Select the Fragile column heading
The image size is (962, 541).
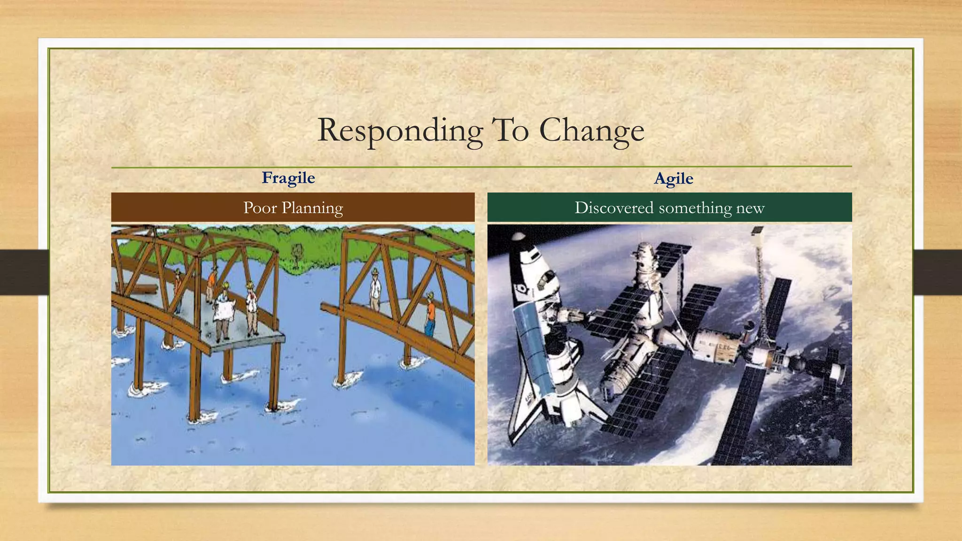click(288, 178)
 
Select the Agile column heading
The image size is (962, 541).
click(674, 178)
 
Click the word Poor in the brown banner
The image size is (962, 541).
click(260, 208)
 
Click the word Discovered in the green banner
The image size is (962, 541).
click(614, 208)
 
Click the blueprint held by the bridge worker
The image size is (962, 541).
click(225, 310)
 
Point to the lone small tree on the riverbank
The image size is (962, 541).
click(296, 254)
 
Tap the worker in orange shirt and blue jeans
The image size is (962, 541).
click(430, 315)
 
